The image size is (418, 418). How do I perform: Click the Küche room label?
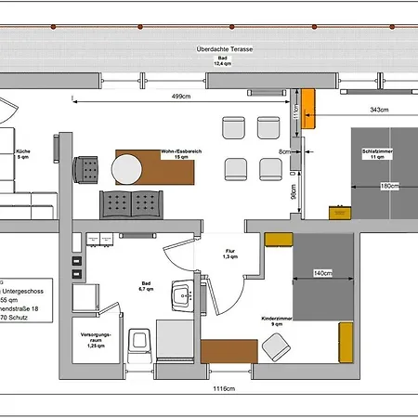[x=25, y=153]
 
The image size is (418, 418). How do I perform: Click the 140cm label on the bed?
[x=322, y=274]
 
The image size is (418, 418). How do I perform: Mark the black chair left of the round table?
[x=89, y=169]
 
